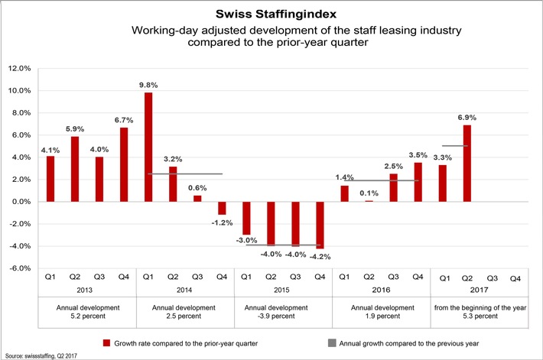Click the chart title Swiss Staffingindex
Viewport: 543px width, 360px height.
click(x=271, y=14)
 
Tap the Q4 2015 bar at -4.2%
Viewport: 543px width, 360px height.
click(x=319, y=225)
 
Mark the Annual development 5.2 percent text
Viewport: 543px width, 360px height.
click(x=86, y=311)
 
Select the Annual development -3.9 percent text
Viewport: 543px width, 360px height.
click(x=282, y=311)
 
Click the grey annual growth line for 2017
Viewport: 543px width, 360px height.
click(x=455, y=145)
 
